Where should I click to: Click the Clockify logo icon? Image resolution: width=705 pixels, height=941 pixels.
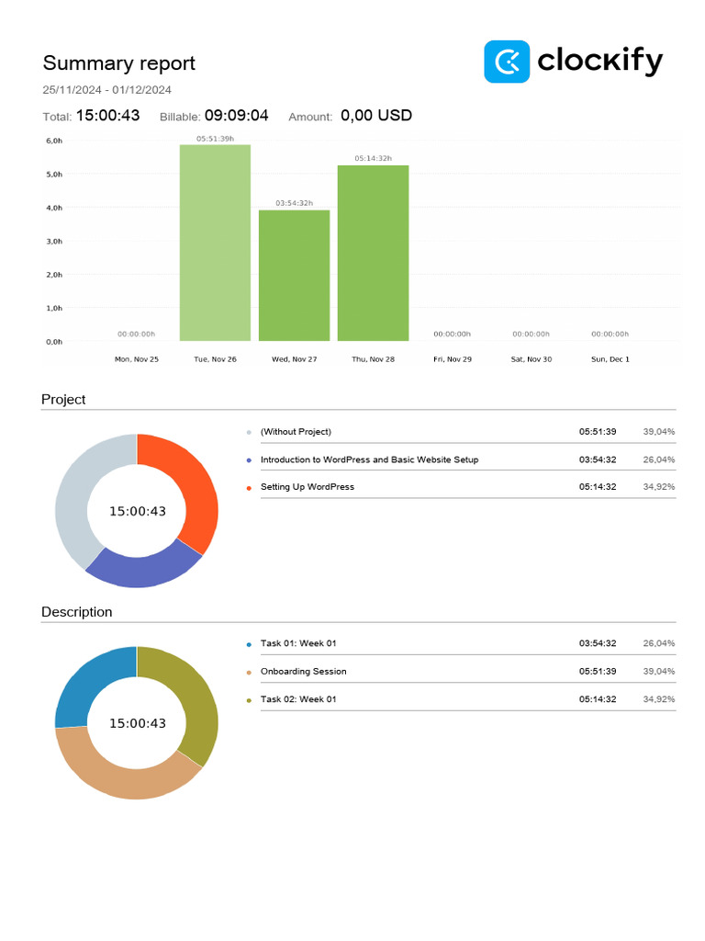point(507,62)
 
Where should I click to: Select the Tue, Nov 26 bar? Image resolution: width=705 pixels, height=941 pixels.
point(215,243)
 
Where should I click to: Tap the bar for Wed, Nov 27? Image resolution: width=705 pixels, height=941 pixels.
point(294,276)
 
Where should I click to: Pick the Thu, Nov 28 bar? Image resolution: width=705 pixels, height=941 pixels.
point(373,253)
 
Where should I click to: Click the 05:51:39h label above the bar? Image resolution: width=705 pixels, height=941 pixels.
point(215,139)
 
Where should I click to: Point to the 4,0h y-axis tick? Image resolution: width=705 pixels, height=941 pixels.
point(54,208)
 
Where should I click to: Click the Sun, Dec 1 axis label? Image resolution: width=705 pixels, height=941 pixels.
point(610,359)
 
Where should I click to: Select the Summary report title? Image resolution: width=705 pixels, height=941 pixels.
point(119,63)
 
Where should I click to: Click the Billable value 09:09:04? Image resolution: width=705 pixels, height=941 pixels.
point(236,116)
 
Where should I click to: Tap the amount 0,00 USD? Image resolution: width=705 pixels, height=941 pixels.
point(376,116)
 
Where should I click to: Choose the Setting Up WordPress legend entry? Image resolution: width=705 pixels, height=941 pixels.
point(307,487)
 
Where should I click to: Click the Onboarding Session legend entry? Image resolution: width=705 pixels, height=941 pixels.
point(303,672)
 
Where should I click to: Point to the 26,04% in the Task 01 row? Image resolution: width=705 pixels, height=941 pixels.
point(659,643)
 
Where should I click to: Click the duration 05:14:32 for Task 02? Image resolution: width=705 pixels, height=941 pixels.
point(598,699)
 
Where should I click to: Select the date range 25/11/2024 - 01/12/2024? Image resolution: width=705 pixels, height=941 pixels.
point(107,90)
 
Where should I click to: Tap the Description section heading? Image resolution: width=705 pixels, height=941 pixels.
point(77,612)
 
